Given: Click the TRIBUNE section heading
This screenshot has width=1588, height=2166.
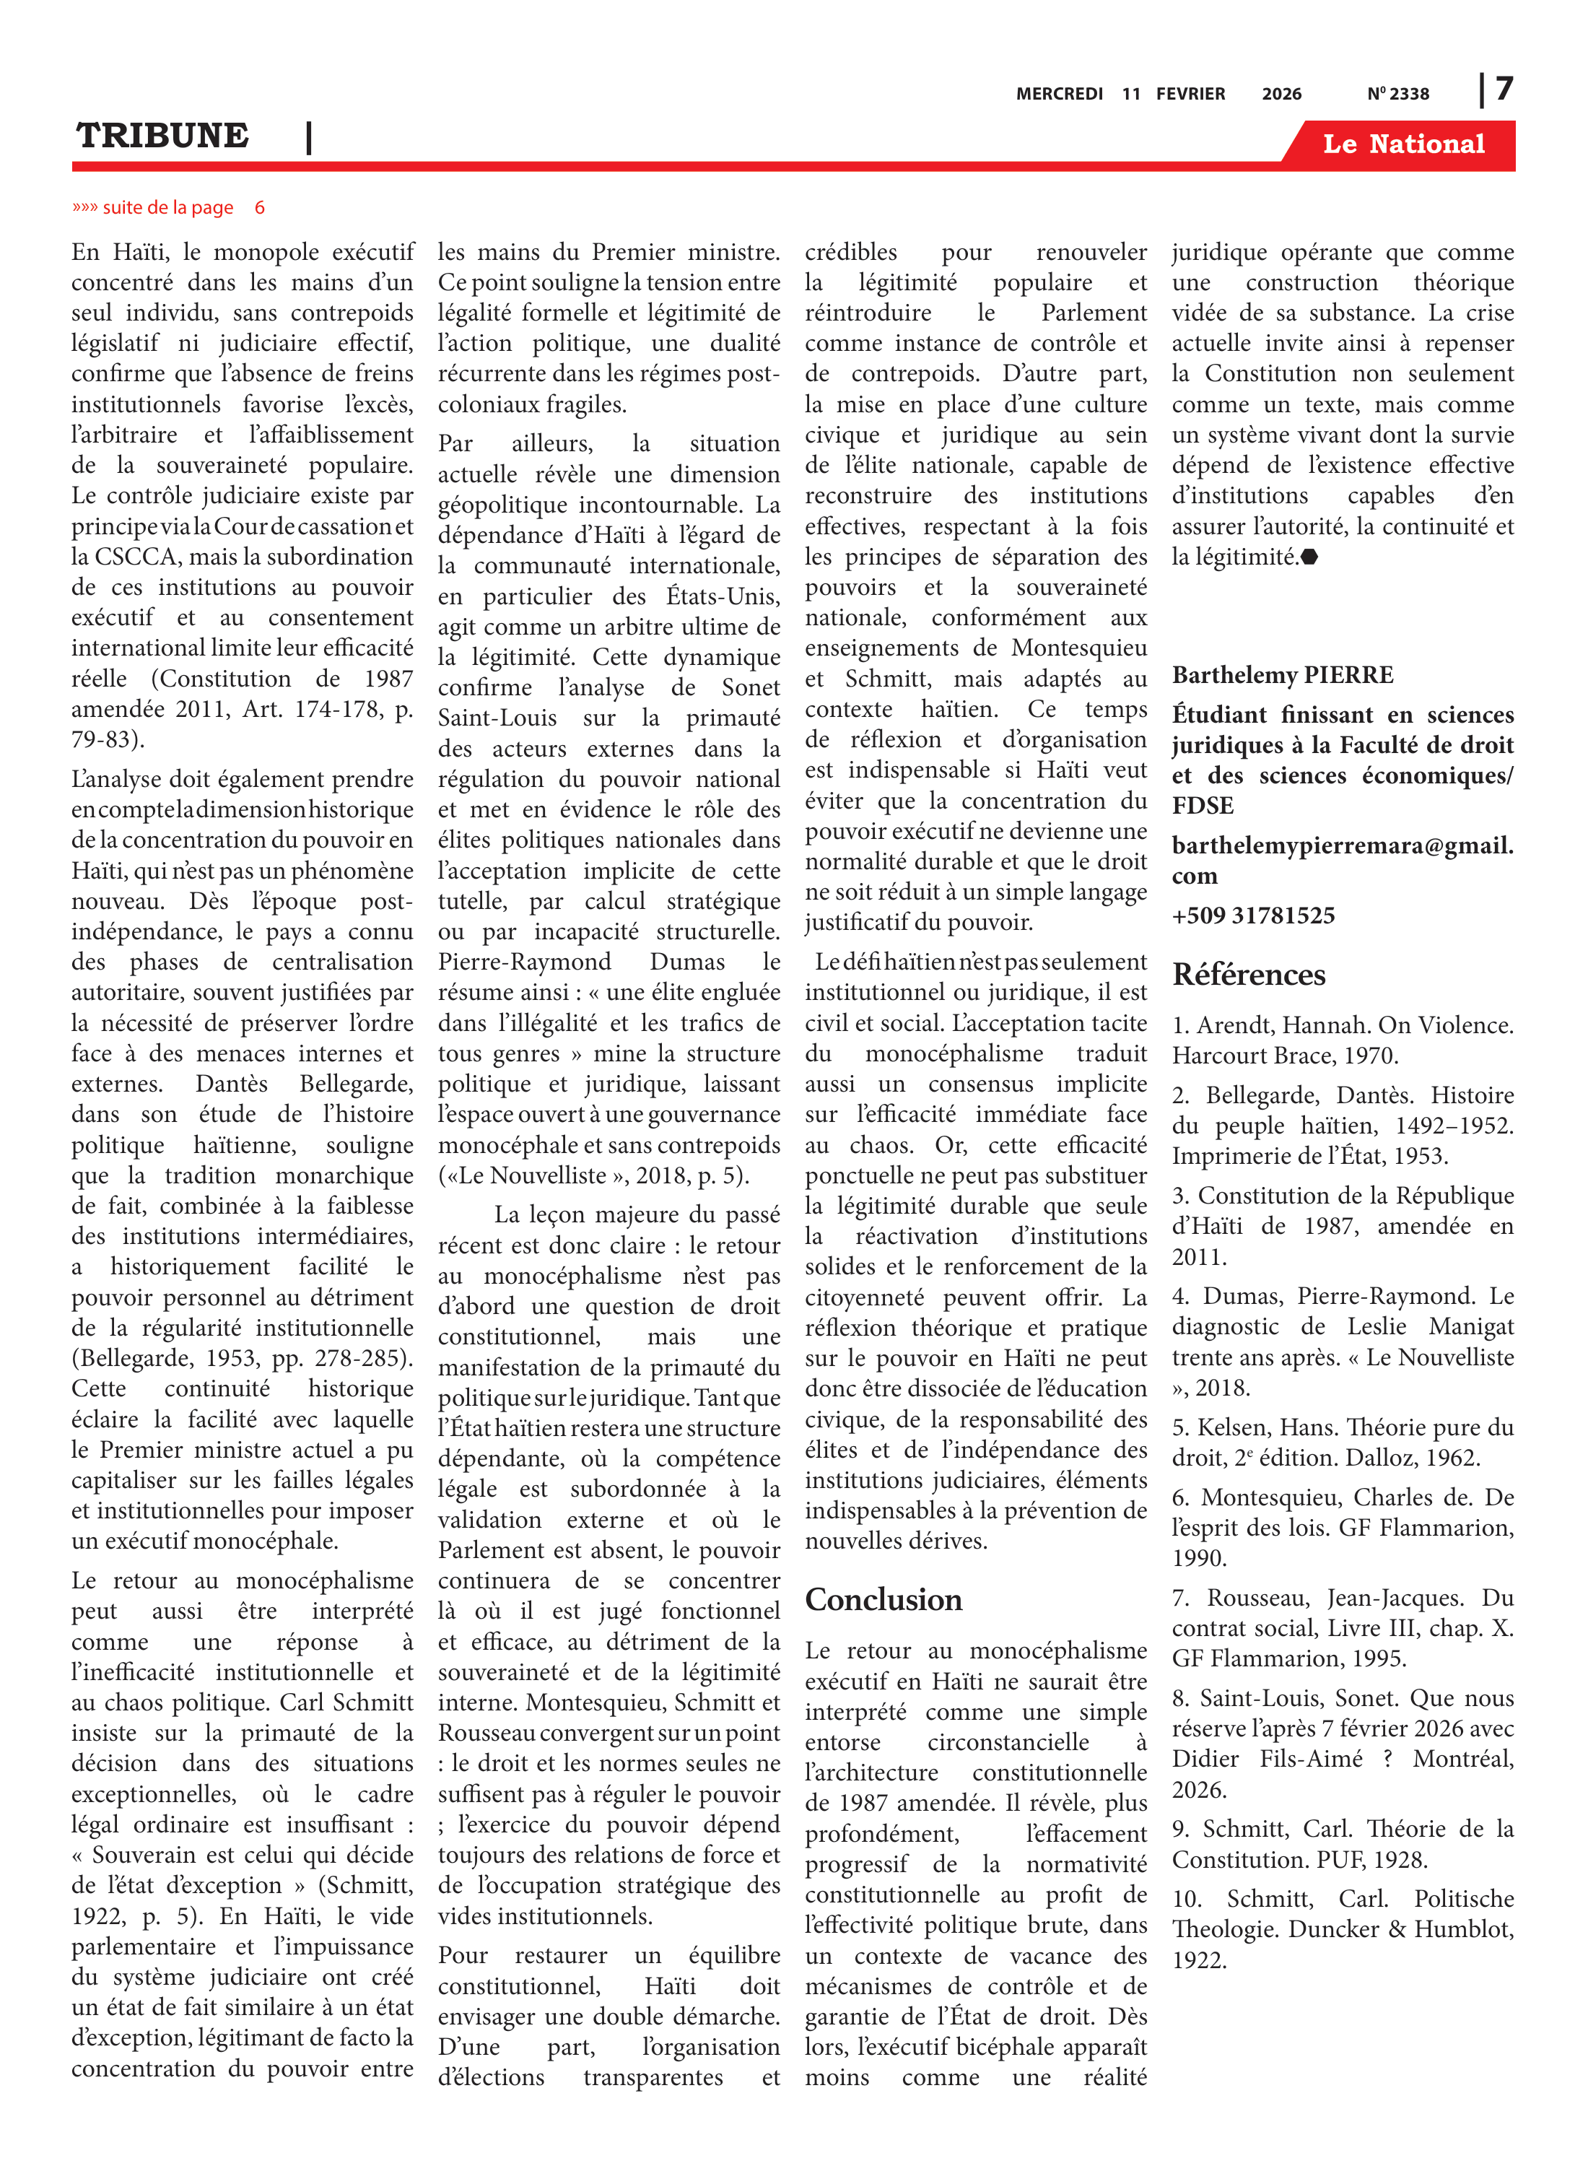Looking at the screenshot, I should point(162,136).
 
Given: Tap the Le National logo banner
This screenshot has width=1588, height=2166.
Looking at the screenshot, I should point(1402,144).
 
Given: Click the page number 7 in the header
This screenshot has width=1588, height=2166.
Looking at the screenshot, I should point(1504,90).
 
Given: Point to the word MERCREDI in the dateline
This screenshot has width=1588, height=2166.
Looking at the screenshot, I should point(1060,94).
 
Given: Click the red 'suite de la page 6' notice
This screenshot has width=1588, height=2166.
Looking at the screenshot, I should point(168,208).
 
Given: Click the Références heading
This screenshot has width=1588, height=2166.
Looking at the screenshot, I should point(1249,975).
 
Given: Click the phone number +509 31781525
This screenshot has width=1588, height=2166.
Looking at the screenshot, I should point(1252,915).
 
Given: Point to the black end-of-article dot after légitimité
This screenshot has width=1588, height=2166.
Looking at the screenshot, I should point(1309,557).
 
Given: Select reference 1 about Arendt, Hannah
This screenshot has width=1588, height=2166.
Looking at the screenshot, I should point(1342,1040).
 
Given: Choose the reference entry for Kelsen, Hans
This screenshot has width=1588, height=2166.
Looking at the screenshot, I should point(1342,1442).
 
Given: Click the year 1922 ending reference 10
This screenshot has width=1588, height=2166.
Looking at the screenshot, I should point(1199,1960).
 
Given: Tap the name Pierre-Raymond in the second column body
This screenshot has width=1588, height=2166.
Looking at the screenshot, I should point(524,962).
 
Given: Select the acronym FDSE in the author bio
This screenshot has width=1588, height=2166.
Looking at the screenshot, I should point(1203,806).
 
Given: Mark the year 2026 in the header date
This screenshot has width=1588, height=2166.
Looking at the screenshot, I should point(1281,94).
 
